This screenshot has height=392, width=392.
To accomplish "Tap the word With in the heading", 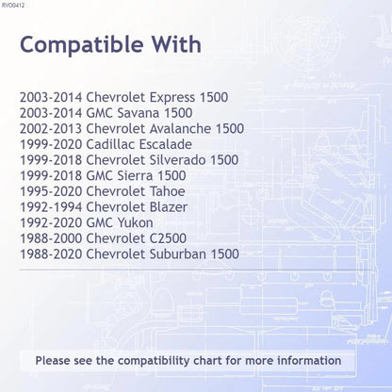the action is pos(176,44).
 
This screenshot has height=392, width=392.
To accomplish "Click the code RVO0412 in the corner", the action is pos(13,5).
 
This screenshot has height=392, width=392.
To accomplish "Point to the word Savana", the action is pos(139,113).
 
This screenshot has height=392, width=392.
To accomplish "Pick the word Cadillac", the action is pos(110,144).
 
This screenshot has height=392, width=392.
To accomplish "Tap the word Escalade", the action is pos(166,144).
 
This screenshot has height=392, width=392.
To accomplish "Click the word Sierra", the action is pos(135,176).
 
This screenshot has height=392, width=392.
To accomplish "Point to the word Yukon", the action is pos(136,223).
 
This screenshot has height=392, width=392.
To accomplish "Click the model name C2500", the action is pos(168,238).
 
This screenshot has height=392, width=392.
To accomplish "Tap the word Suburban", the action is pos(177,254).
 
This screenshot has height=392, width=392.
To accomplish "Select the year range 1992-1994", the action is pos(51,207).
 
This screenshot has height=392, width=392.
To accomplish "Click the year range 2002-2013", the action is pos(51,129).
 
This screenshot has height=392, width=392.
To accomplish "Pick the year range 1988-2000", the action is pos(51,238).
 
